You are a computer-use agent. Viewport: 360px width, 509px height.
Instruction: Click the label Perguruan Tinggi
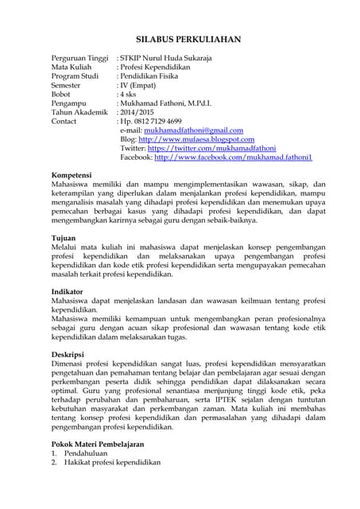[79, 59]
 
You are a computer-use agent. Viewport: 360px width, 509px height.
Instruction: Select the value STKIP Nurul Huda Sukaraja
[165, 59]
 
